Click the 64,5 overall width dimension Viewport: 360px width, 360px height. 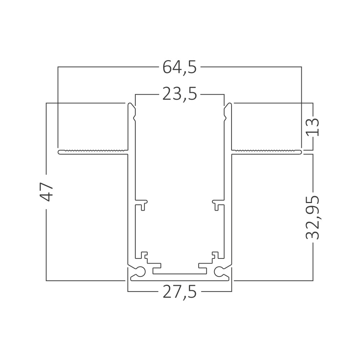tap(180, 67)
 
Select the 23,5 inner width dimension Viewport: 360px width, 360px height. tap(180, 95)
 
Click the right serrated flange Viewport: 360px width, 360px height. tap(266, 152)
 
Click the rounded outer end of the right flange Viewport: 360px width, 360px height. tap(300, 152)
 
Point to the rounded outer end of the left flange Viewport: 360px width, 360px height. tap(59, 152)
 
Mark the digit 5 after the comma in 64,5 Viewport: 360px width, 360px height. tap(192, 67)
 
